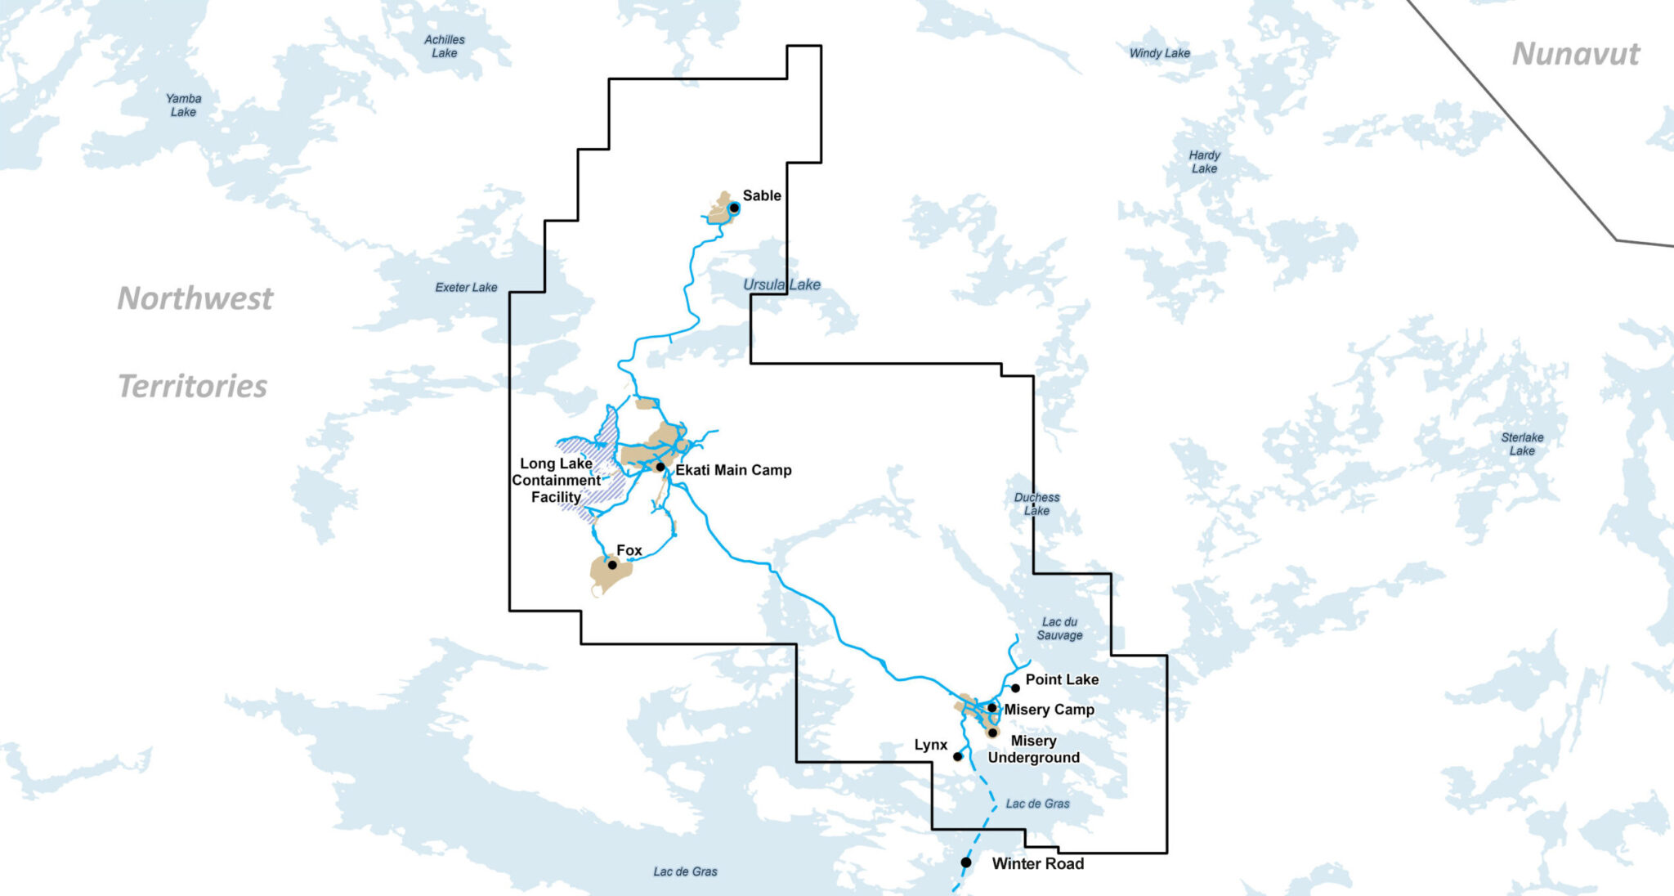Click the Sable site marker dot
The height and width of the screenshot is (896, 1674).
coord(734,208)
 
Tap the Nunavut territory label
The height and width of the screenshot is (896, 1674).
coord(1575,54)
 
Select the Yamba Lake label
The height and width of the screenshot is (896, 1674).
coord(183,105)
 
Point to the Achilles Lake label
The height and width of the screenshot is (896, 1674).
coord(445,47)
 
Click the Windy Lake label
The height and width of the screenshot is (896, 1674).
coord(1159,53)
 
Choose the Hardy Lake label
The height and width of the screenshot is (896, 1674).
coord(1204,162)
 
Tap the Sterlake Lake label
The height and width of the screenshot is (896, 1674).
coord(1522,444)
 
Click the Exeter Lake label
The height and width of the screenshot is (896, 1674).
coord(466,288)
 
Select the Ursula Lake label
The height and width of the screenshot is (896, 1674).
coord(781,284)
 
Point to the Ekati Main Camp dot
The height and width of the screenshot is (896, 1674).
coord(660,467)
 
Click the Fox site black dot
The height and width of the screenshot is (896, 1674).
coord(612,565)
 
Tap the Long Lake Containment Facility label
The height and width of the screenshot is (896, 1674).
coord(556,481)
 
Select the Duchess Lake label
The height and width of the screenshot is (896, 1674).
coord(1036,504)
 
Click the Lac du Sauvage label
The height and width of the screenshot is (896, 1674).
coord(1059,629)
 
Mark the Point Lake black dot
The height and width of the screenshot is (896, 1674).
coord(1015,688)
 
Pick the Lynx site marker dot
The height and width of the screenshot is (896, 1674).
coord(957,756)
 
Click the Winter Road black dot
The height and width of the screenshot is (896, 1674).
coord(965,862)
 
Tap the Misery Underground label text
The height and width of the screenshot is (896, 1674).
coord(1033,749)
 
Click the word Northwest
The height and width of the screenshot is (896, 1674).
coord(195,298)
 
